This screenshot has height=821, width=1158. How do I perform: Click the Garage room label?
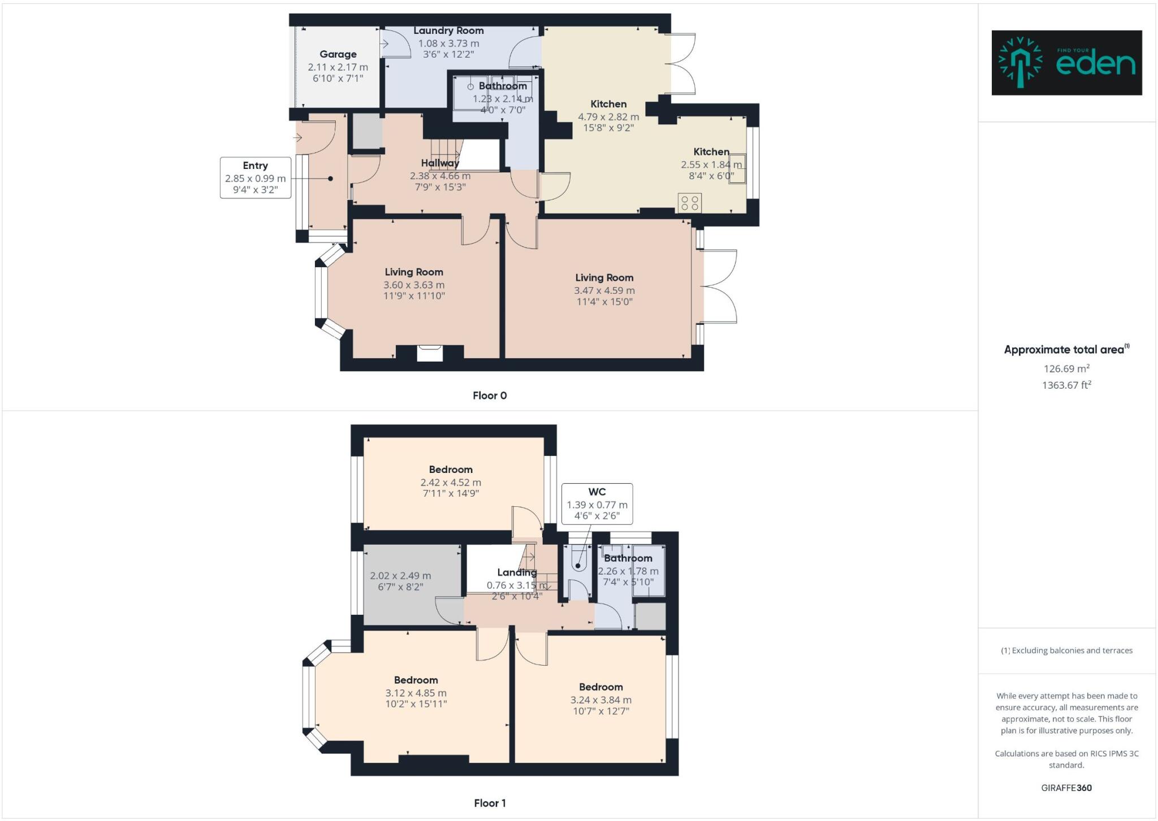pyautogui.click(x=338, y=54)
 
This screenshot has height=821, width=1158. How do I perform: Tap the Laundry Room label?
pyautogui.click(x=448, y=31)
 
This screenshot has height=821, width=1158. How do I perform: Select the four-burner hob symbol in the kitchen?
pyautogui.click(x=689, y=203)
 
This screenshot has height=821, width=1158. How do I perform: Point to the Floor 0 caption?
pyautogui.click(x=489, y=396)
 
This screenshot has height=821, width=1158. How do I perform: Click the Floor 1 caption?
pyautogui.click(x=489, y=803)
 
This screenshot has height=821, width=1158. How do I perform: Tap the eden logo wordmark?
pyautogui.click(x=1095, y=64)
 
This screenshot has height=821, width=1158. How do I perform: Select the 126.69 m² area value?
pyautogui.click(x=1066, y=368)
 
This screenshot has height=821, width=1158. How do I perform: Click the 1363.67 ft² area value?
pyautogui.click(x=1066, y=385)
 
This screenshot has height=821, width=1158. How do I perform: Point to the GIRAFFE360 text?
pyautogui.click(x=1066, y=788)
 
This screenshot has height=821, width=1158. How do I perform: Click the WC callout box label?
pyautogui.click(x=597, y=492)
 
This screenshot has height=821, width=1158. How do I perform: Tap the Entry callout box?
pyautogui.click(x=255, y=177)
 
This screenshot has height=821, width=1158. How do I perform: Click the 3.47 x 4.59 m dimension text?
pyautogui.click(x=604, y=290)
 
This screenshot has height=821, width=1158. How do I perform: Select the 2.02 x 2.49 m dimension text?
pyautogui.click(x=400, y=576)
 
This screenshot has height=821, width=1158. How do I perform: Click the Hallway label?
pyautogui.click(x=440, y=163)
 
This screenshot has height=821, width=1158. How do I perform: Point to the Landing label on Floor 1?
pyautogui.click(x=517, y=572)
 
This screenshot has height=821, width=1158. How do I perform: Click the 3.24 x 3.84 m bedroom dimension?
pyautogui.click(x=600, y=700)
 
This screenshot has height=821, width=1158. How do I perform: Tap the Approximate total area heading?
pyautogui.click(x=1066, y=350)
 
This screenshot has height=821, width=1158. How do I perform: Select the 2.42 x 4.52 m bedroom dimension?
pyautogui.click(x=451, y=483)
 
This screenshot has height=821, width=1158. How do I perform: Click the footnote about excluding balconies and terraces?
pyautogui.click(x=1066, y=650)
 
